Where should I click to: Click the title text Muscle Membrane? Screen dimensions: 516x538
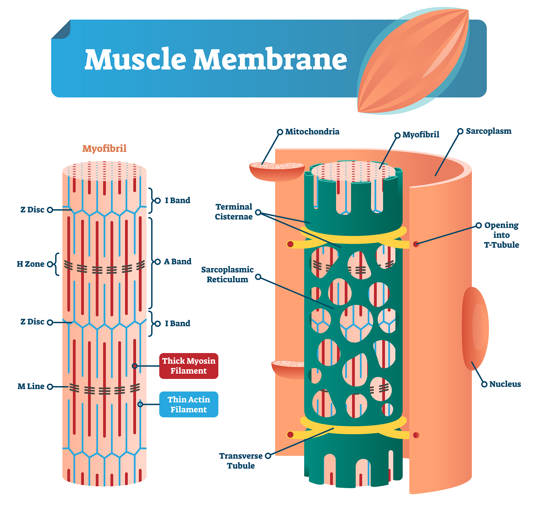216,59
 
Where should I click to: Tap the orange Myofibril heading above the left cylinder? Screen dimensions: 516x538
104,148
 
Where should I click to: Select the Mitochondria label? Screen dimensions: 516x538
312,132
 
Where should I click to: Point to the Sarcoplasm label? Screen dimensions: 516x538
489,131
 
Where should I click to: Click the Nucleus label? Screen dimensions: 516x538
505,384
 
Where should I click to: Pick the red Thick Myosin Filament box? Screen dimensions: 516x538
189,366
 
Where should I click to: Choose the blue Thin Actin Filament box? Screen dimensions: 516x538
189,404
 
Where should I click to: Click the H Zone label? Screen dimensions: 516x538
30,264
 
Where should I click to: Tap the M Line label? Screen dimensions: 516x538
31,387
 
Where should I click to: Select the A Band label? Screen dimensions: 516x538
178,262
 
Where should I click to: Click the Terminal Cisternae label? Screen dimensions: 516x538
234,212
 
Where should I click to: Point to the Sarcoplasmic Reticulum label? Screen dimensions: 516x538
227,274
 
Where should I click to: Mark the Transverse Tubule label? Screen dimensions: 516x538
241,461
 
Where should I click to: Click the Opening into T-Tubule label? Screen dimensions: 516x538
501,235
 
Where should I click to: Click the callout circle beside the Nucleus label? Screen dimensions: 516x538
484,384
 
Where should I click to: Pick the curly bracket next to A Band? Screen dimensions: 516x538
151,263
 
